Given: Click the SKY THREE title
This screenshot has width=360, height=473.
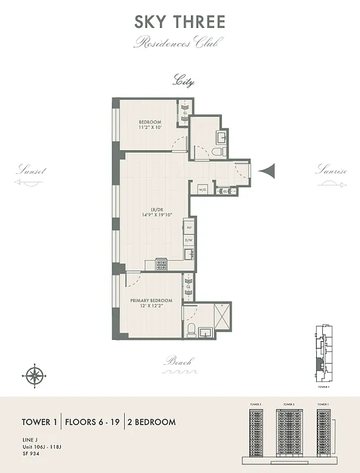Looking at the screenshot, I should [x=180, y=22].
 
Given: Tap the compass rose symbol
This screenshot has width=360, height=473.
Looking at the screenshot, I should [x=35, y=375].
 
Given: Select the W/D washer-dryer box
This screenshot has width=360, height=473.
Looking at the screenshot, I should [x=202, y=190].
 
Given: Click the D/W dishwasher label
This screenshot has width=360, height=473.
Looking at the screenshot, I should [x=189, y=240].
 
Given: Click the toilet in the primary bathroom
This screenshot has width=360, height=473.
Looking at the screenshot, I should [x=192, y=329].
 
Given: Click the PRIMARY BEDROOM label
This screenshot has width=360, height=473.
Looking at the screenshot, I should [x=151, y=300].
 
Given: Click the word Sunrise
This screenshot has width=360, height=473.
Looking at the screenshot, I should [x=330, y=170].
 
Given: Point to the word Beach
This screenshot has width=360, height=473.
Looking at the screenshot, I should [x=179, y=361].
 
